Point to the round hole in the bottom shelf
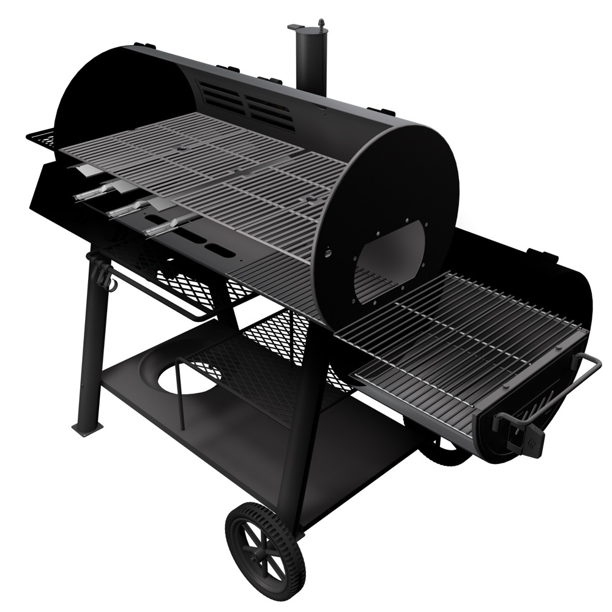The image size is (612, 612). (x=184, y=379)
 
